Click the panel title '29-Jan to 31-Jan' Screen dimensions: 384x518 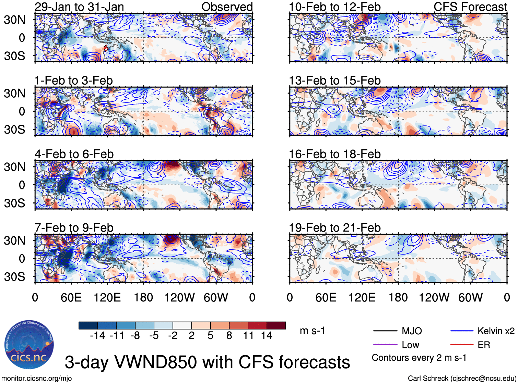[x=79, y=7]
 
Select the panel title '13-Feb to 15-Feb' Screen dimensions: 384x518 [x=334, y=80]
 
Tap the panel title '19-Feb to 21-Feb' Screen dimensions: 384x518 [x=334, y=228]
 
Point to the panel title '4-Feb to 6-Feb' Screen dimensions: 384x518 [x=74, y=154]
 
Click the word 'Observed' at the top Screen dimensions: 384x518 [x=227, y=7]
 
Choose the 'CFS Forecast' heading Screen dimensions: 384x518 [x=470, y=7]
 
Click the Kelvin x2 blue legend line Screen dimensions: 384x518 [x=462, y=331]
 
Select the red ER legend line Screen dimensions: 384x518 [x=462, y=345]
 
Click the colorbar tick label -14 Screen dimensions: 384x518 [x=97, y=336]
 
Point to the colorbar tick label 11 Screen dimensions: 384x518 [x=248, y=336]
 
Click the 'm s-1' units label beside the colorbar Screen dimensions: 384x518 [x=312, y=331]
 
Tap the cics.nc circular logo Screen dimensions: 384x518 [x=29, y=345]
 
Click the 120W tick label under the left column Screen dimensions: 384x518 [x=179, y=298]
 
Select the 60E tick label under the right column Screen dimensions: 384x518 [x=326, y=298]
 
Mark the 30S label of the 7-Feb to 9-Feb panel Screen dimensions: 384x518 [x=14, y=277]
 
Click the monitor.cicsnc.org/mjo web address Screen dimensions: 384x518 [x=36, y=379]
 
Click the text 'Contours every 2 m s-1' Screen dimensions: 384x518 [x=419, y=358]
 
